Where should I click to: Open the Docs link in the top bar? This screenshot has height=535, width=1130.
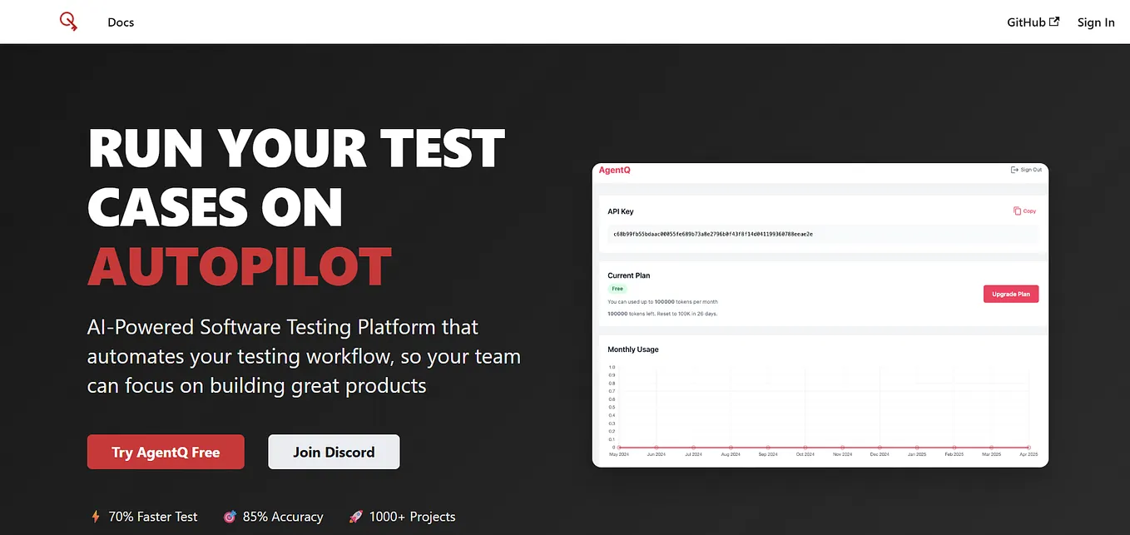(x=121, y=22)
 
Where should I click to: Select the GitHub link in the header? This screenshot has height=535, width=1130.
(x=1033, y=22)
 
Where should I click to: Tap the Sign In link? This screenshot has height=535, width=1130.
(x=1095, y=22)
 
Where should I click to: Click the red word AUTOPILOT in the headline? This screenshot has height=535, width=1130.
(x=240, y=265)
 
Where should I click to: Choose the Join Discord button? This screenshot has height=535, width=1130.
(x=334, y=452)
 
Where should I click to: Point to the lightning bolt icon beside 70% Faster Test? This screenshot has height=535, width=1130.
(x=95, y=517)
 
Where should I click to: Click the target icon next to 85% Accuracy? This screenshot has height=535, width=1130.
(x=230, y=517)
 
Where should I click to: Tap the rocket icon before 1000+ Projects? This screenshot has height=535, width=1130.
(x=356, y=517)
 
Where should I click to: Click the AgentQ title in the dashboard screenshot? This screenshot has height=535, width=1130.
(x=615, y=170)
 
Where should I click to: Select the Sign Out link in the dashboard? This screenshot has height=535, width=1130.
(x=1026, y=170)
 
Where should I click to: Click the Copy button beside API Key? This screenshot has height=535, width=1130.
(x=1024, y=211)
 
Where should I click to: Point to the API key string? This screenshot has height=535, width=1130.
(x=712, y=235)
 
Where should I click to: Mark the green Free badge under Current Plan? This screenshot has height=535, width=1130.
(x=617, y=289)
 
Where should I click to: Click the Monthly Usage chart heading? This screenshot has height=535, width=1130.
(x=633, y=349)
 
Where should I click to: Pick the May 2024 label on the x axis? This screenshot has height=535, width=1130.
(x=619, y=454)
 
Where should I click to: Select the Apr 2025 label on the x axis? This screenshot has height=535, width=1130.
(x=1028, y=454)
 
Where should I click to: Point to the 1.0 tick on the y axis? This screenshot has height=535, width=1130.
(x=612, y=367)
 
